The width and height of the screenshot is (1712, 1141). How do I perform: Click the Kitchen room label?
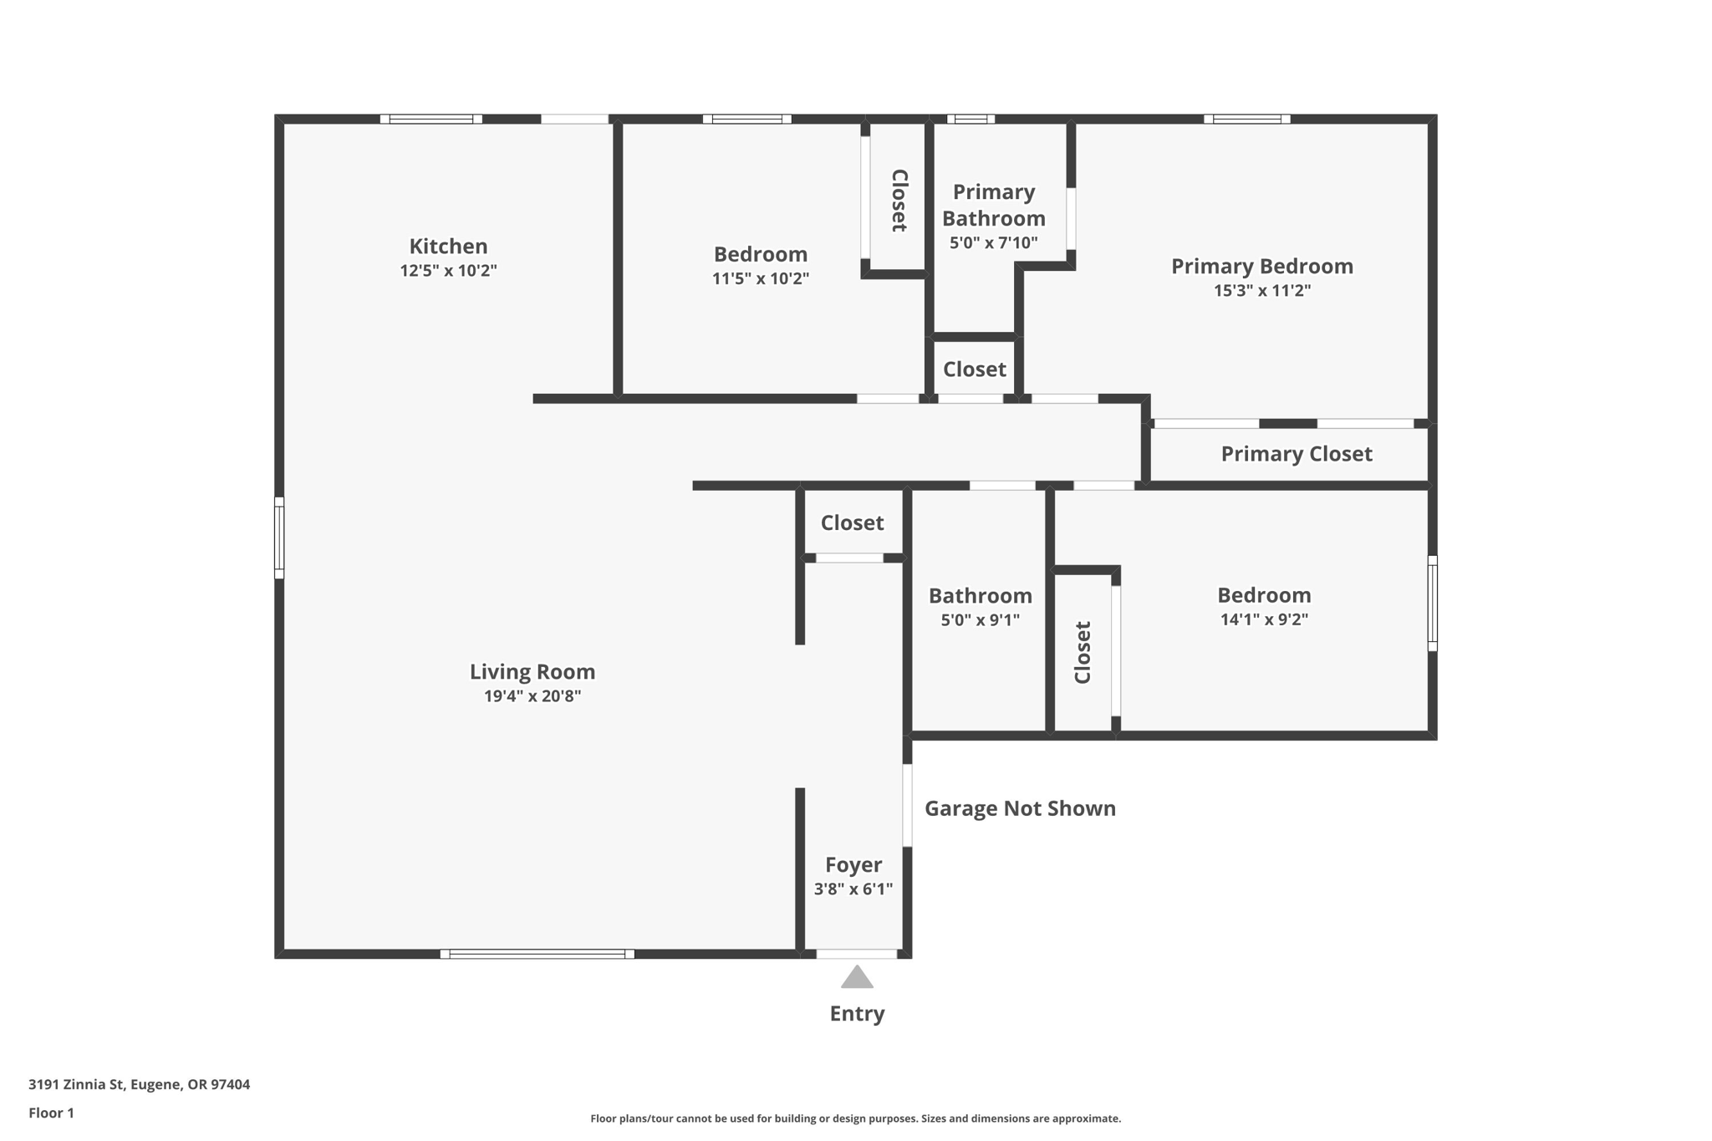point(448,247)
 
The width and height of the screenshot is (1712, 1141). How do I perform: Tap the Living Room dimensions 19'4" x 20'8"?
point(532,696)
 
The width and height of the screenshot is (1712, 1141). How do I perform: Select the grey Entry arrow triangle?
point(857,977)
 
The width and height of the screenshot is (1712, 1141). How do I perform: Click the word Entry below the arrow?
point(857,1013)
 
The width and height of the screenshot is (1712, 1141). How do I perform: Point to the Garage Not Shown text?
point(1020,808)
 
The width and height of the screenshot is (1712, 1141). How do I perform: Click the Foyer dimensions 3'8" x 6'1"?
point(853,889)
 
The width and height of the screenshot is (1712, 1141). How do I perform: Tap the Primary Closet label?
point(1296,454)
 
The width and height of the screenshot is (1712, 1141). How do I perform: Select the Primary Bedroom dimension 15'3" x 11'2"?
point(1262,291)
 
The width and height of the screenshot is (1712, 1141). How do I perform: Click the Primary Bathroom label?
point(993,205)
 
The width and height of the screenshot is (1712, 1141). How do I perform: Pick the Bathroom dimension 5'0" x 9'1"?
point(980,620)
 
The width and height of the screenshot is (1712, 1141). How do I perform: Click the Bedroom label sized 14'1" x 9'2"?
point(1264,595)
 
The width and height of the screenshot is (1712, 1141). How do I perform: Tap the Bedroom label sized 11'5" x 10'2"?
point(760,254)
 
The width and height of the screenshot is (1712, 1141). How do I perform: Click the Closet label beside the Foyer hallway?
point(852,523)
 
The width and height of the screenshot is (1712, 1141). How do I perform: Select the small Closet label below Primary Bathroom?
point(974,369)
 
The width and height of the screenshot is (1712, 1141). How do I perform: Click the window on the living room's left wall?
point(279,537)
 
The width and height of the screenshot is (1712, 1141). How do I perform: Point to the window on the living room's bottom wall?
point(537,954)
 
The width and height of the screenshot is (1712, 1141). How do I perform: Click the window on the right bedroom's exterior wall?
point(1432,603)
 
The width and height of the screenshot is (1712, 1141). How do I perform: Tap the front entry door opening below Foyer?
point(856,954)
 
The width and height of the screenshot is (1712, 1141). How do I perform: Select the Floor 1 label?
point(51,1113)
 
